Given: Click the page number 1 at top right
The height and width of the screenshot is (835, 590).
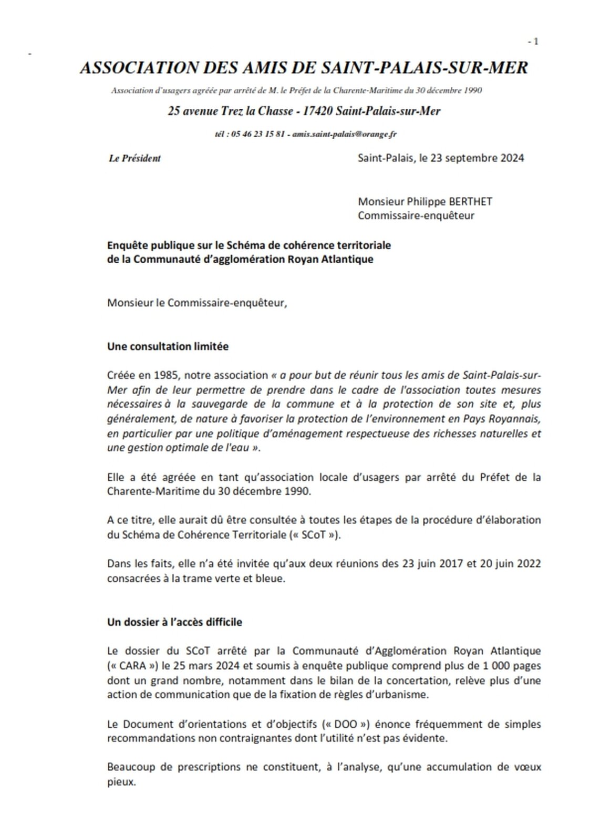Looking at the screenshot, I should point(535,42).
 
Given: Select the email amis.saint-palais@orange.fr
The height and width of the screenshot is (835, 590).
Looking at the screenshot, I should point(344,134).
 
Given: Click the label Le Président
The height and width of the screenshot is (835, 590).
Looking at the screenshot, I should point(134,158).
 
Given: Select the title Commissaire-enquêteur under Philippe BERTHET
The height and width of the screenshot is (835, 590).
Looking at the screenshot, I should point(416,215).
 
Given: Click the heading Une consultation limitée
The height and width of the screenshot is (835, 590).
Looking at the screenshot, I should point(168,346).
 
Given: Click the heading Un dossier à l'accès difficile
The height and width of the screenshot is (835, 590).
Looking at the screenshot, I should point(174,622).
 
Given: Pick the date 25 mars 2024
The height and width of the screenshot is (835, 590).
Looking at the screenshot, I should point(196,666).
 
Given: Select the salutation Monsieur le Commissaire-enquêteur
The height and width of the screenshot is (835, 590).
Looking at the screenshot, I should point(198,303).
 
